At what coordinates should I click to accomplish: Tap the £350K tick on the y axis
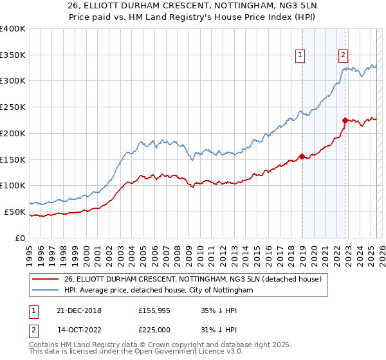[14, 55]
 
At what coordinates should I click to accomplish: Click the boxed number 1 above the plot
[300, 56]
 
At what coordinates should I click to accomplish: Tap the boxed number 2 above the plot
[344, 56]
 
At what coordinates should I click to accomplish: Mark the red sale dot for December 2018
[302, 156]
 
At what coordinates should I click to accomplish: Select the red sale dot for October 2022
[345, 120]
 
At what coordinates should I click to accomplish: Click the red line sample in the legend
[46, 278]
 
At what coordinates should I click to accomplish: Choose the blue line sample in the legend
[46, 291]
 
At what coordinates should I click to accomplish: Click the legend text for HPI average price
[158, 291]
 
